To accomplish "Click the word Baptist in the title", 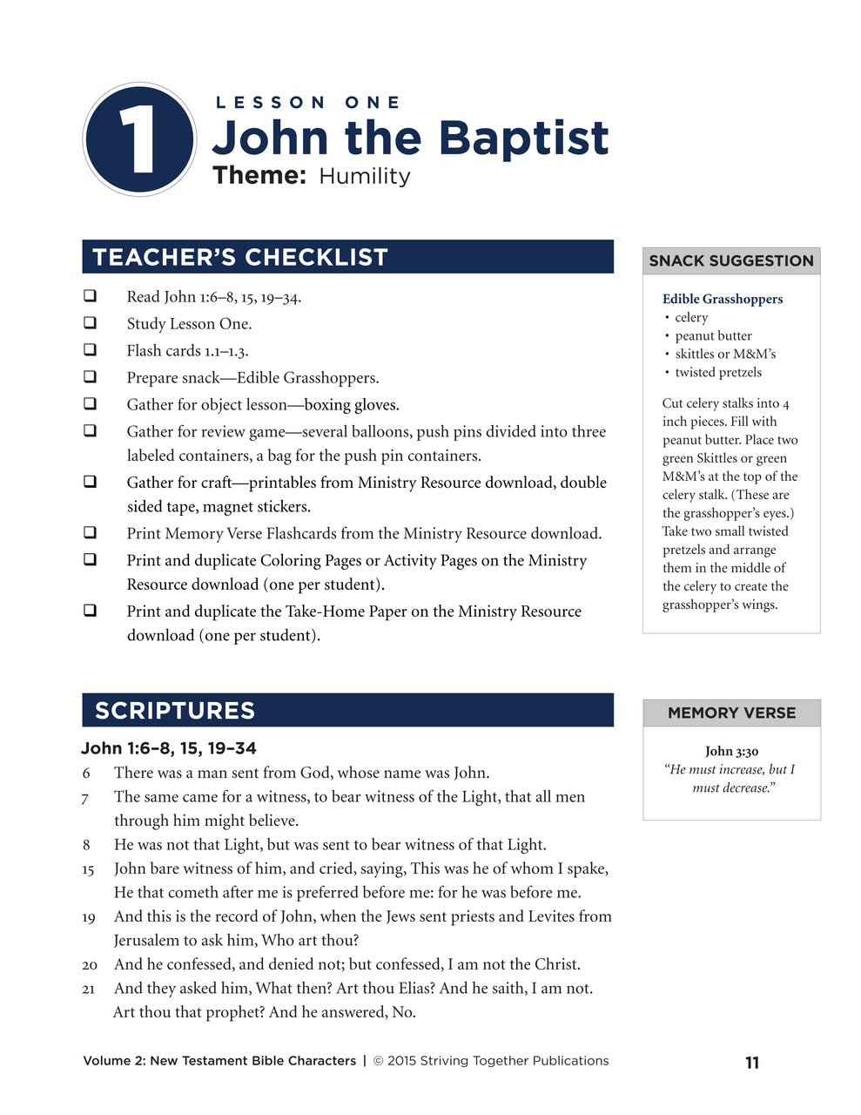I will [x=522, y=139].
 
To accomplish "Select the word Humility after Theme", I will [x=364, y=176].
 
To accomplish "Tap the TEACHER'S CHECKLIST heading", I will [x=240, y=258].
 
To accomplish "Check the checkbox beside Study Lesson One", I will [x=90, y=323].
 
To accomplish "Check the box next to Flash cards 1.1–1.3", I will [x=90, y=350].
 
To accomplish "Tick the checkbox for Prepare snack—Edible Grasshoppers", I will [x=90, y=377].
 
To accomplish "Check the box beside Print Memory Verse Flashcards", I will [x=90, y=532].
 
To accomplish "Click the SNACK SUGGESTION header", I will [x=731, y=260].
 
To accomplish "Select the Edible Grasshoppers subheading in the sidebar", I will [x=722, y=299].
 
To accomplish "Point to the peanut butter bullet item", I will [x=713, y=335].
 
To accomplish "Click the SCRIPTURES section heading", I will [x=175, y=711].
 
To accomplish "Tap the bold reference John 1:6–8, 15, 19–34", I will [x=169, y=748].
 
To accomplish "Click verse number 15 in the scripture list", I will [x=88, y=869].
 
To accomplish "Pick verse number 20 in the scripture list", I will [x=90, y=965].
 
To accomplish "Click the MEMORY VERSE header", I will [x=731, y=713].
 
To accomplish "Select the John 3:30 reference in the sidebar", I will [x=731, y=751].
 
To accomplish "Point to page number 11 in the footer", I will [x=752, y=1062].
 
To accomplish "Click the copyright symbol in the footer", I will [x=379, y=1061].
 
